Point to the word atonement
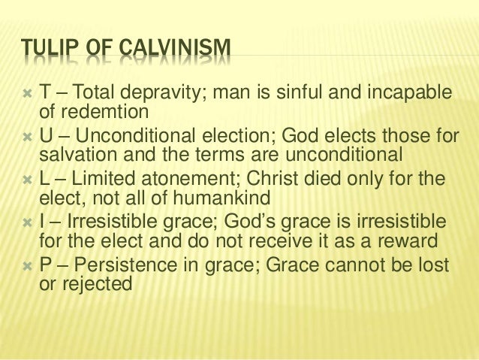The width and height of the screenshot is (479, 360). point(187,183)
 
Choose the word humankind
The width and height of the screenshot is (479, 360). point(212,200)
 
